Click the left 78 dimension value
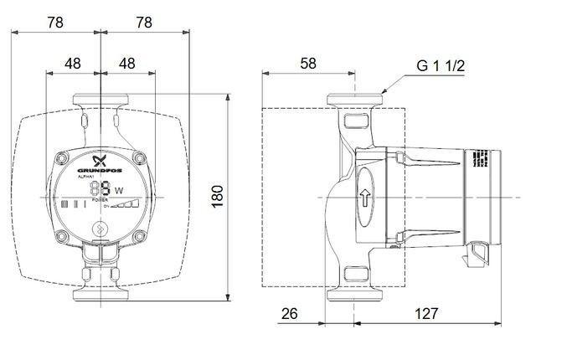(x=56, y=23)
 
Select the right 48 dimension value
(x=126, y=63)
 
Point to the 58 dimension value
(x=309, y=63)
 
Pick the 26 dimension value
(x=289, y=314)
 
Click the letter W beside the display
(x=118, y=191)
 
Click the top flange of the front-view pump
(x=101, y=98)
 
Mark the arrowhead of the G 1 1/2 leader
(x=383, y=91)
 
